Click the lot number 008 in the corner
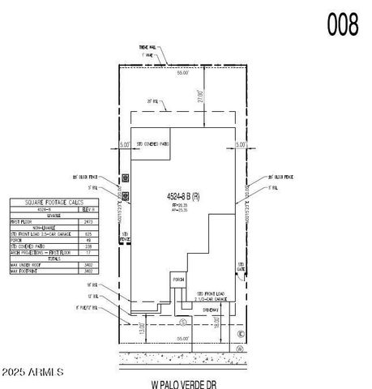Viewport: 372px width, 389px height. (342, 25)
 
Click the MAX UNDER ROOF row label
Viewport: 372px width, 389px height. (38, 264)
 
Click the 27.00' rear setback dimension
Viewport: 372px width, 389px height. (199, 95)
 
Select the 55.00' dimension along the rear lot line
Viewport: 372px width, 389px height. (184, 73)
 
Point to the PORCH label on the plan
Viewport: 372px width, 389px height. (178, 280)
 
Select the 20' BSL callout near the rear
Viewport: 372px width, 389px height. (151, 100)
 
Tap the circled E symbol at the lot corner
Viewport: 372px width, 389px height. (240, 333)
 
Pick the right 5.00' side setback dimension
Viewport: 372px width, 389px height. (239, 144)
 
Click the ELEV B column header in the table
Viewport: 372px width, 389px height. (89, 208)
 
